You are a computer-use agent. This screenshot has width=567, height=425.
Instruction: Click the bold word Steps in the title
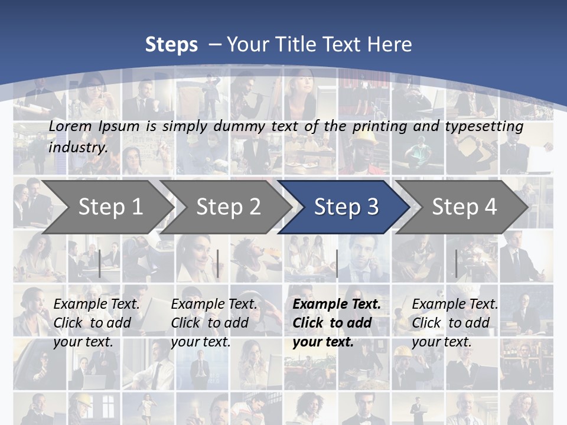coord(171,45)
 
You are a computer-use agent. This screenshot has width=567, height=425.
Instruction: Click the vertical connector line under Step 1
coord(100,263)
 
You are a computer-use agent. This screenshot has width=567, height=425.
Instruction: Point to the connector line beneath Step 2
coord(218,263)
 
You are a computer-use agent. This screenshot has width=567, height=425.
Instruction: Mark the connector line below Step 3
coord(337,263)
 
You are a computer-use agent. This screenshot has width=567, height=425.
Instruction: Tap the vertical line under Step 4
coord(456,263)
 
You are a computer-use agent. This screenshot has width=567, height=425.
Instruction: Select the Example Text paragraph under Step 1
coord(96,323)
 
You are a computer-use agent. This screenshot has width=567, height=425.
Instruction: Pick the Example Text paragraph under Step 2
coord(214,323)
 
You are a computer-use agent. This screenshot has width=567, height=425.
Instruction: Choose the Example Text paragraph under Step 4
coord(455,323)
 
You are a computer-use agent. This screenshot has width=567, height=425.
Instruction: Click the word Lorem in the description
coord(70,126)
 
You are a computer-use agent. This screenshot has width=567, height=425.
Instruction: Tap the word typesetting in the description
coord(484,126)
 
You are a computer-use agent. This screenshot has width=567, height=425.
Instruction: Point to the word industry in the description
coord(77,147)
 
